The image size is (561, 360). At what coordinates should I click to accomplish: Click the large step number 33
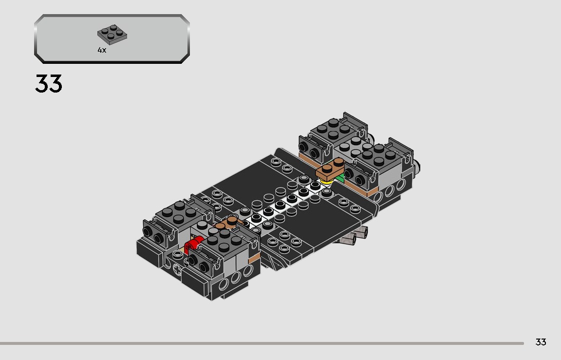click(49, 84)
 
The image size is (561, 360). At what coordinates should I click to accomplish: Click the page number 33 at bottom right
click(541, 342)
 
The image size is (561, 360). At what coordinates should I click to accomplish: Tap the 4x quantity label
click(102, 50)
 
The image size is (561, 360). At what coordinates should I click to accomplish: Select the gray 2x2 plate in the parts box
click(112, 34)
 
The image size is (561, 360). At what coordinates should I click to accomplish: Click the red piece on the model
click(193, 243)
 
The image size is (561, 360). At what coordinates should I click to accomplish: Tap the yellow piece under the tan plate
click(325, 182)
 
